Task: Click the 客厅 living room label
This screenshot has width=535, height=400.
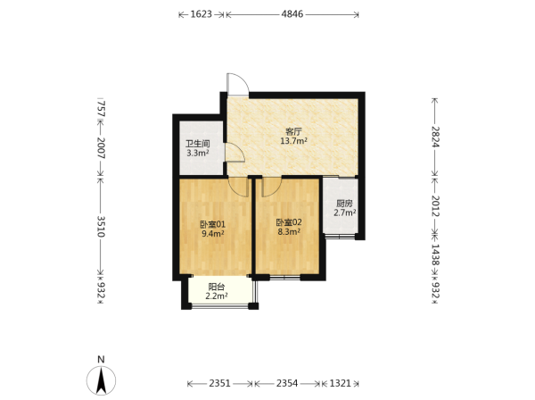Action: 293,131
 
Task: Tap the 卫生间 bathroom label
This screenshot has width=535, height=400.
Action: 198,144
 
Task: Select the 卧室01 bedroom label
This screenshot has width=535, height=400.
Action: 212,224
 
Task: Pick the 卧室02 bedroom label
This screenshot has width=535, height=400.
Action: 289,222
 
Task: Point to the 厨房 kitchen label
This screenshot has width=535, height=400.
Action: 344,204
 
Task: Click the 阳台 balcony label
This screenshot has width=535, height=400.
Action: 217,287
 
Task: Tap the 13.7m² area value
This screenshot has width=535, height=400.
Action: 293,141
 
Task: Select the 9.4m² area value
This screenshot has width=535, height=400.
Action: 212,234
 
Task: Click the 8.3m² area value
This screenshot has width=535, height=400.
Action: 289,231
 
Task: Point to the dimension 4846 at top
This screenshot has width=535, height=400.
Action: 292,14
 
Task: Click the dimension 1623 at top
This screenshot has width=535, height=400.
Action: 201,14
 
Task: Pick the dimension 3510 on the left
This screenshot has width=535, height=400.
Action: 101,227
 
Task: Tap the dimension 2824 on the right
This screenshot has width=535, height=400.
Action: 435,137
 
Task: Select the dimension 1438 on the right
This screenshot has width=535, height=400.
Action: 435,254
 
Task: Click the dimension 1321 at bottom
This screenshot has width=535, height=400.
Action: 341,383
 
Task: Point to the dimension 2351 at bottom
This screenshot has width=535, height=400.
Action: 219,383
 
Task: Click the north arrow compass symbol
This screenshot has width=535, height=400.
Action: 101,380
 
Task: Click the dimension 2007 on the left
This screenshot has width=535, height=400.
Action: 101,148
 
